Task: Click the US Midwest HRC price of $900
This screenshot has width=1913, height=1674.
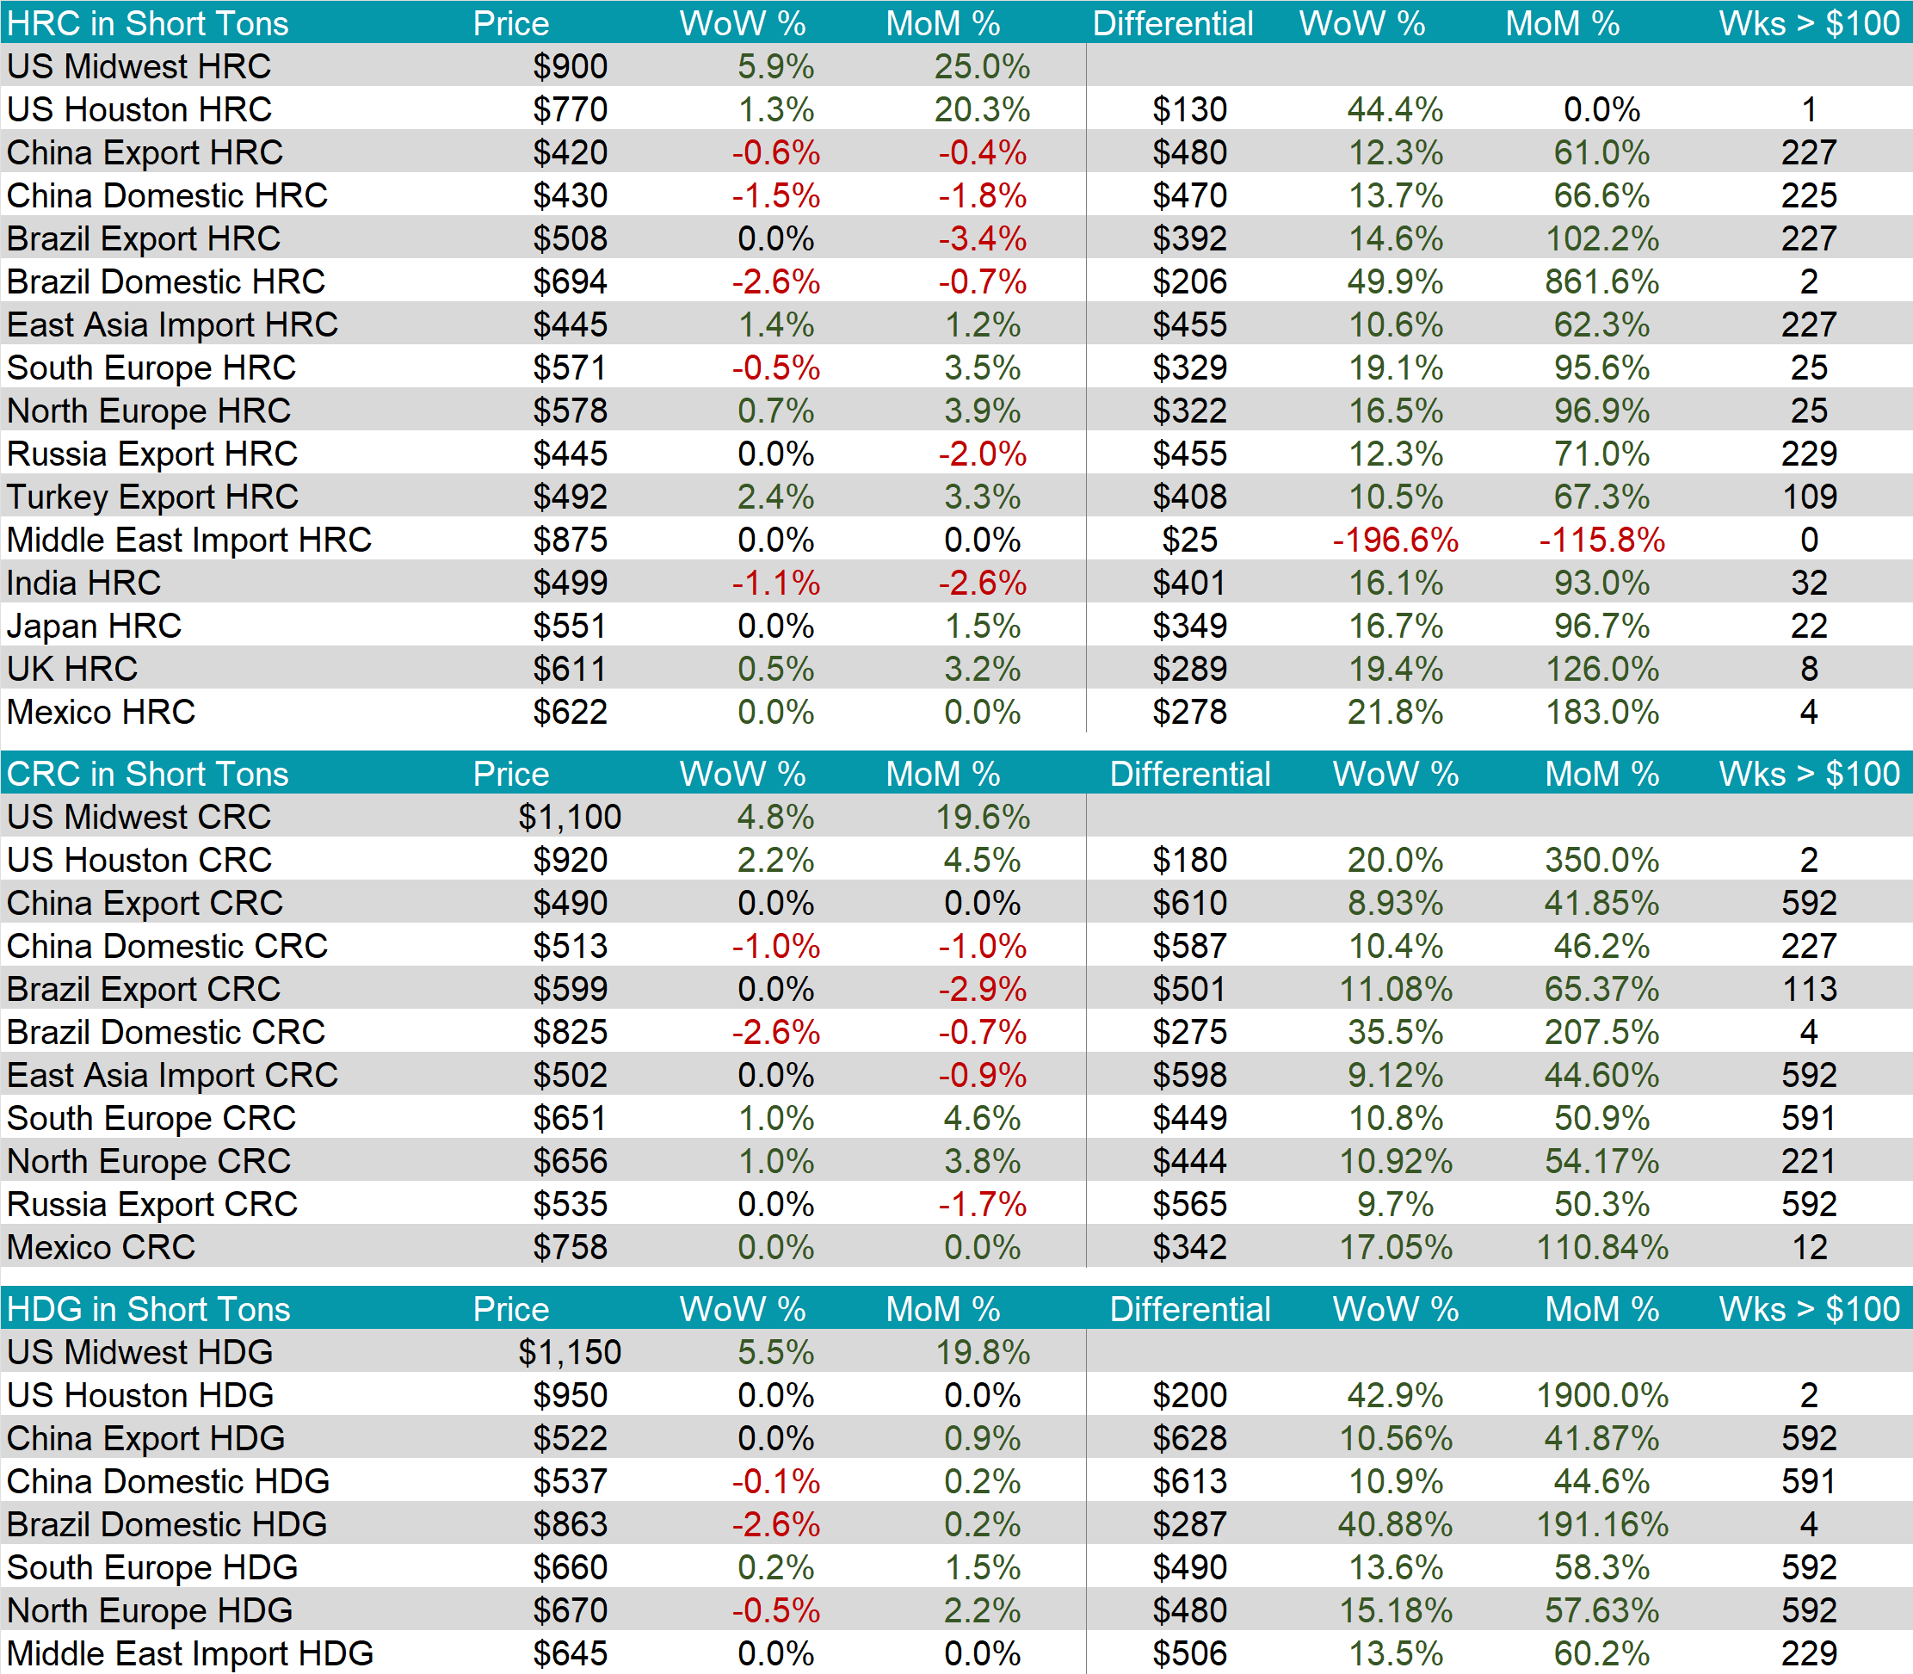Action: [x=570, y=66]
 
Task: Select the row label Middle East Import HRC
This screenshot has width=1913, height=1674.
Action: [x=188, y=540]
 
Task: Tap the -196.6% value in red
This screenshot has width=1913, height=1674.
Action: [x=1395, y=540]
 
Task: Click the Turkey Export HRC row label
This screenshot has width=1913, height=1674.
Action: [x=152, y=497]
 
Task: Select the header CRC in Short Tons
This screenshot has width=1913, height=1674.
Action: [x=148, y=774]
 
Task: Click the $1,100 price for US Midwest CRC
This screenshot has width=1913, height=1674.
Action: [x=570, y=818]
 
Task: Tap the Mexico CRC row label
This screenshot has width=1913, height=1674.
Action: [x=101, y=1247]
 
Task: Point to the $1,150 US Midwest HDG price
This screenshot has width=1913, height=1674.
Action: [x=570, y=1353]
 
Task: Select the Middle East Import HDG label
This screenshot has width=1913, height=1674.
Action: [x=189, y=1653]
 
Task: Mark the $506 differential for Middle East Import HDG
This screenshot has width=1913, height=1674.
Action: [x=1189, y=1653]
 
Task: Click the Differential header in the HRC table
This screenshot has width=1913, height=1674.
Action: [x=1172, y=23]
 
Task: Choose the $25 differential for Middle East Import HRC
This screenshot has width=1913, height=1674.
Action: [x=1189, y=540]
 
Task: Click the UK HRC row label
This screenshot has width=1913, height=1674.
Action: [x=72, y=669]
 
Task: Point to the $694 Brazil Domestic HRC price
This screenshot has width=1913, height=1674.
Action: [x=570, y=282]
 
